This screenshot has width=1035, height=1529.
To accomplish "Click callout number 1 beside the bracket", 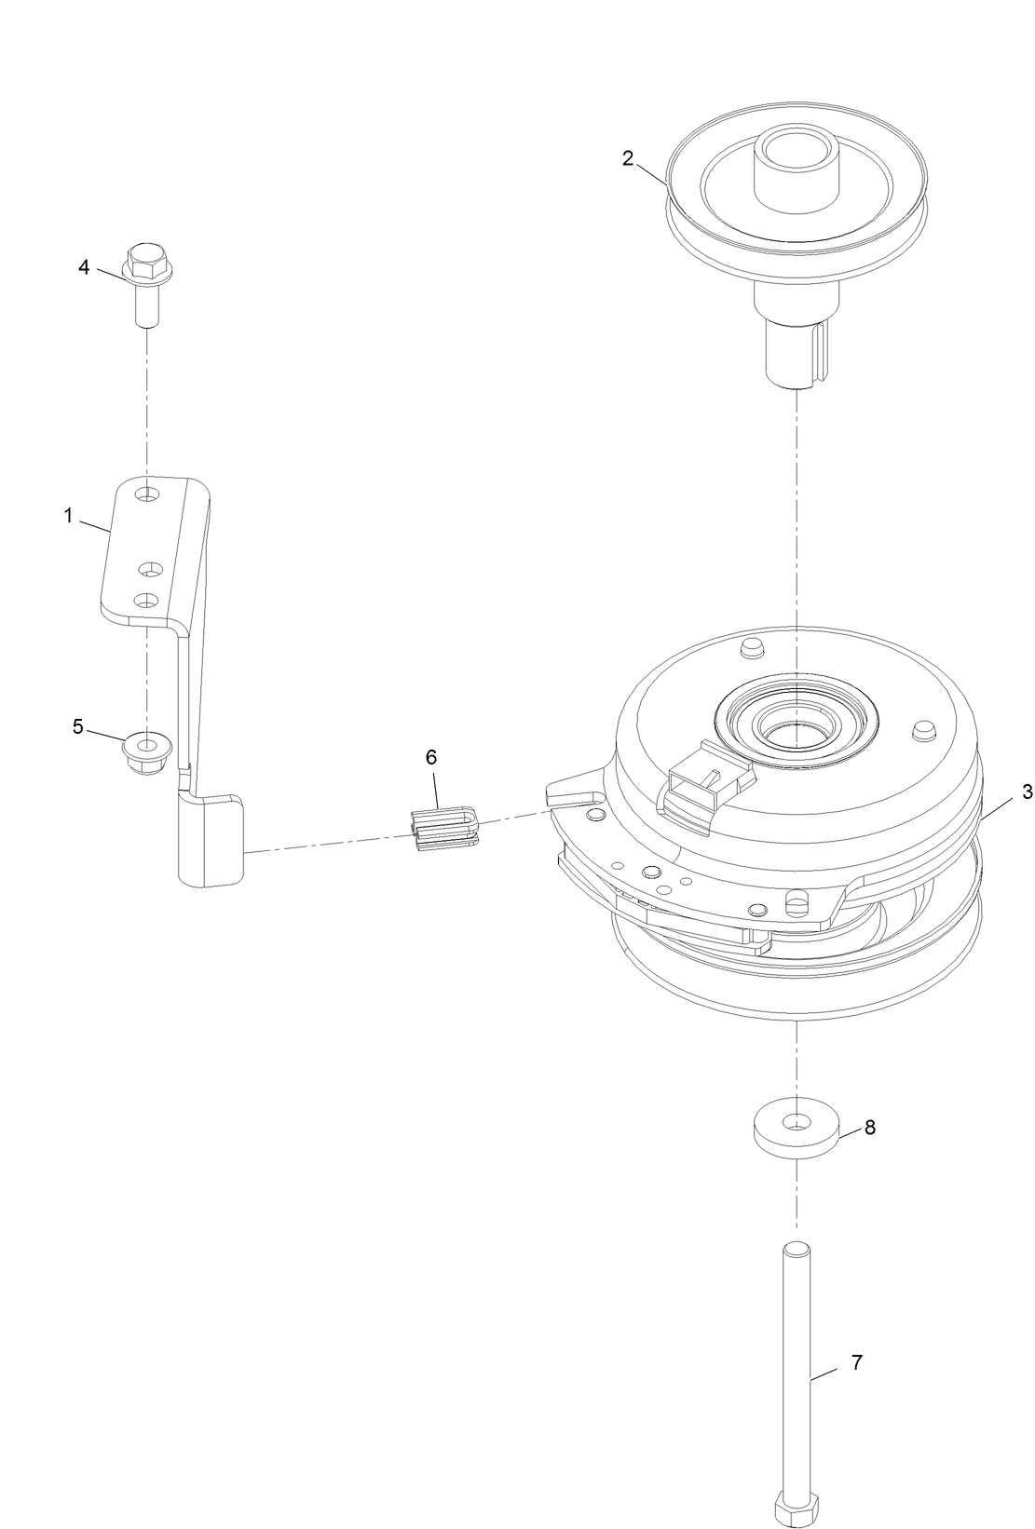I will click(x=68, y=516).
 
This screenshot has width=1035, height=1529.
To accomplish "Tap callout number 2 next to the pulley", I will click(x=628, y=157).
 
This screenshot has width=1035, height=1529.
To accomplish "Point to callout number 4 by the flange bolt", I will click(x=84, y=267).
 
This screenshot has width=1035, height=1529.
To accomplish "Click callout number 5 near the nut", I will click(x=78, y=726).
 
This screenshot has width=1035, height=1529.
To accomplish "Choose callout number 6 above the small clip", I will click(x=431, y=757).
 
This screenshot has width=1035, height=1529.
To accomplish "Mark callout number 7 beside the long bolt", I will click(x=856, y=1363).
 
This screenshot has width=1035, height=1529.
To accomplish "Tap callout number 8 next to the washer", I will click(x=869, y=1127).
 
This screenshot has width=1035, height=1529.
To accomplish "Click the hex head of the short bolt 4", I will click(x=144, y=255).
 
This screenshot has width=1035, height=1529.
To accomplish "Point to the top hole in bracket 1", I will click(x=146, y=496).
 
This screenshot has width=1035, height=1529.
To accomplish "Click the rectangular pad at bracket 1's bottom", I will click(x=211, y=838).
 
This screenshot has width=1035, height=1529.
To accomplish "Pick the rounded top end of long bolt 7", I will click(x=796, y=1251).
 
